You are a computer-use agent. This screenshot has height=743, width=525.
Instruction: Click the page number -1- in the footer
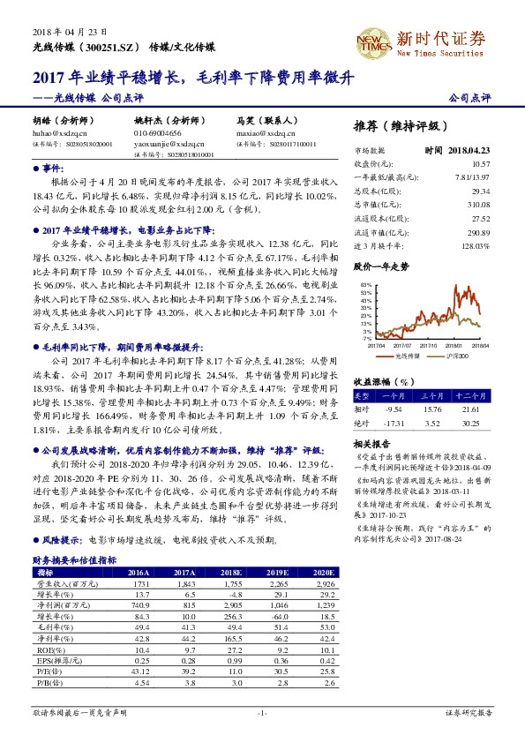[x=262, y=712]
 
